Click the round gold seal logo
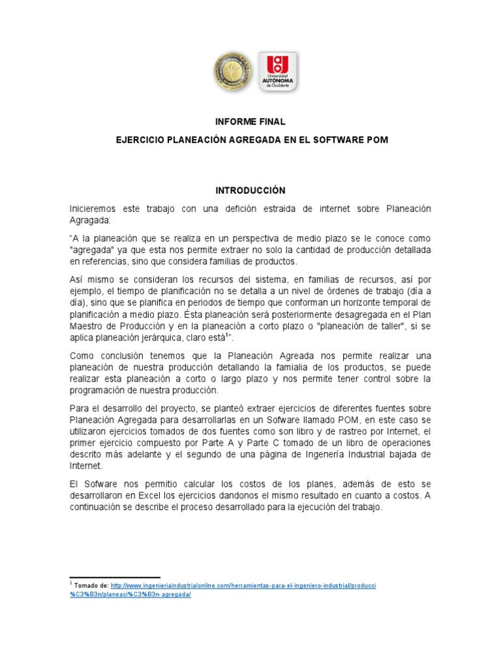point(232,71)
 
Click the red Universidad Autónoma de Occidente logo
point(278,72)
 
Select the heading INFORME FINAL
point(250,122)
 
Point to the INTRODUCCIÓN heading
point(250,190)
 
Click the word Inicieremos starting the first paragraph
point(93,209)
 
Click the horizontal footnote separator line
point(114,577)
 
